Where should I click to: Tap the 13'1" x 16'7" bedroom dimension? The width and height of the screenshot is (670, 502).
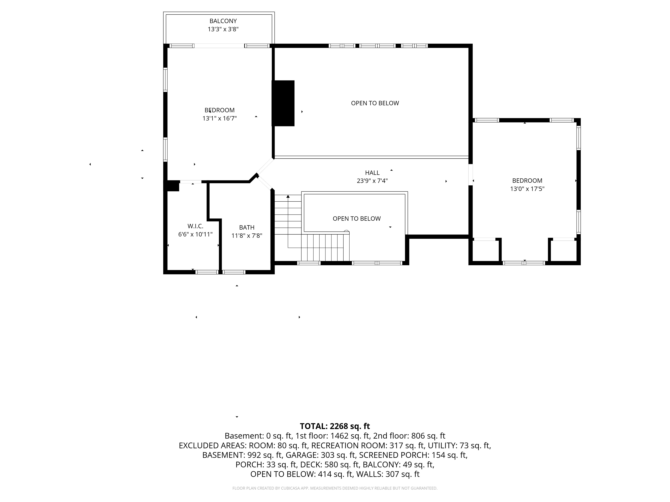click(220, 118)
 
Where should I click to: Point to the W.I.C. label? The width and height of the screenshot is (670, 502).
click(195, 226)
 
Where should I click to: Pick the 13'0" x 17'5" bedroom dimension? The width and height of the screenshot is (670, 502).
click(527, 189)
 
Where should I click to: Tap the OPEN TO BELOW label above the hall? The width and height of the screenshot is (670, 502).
click(375, 103)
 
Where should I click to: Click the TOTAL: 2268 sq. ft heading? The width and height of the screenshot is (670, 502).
click(335, 426)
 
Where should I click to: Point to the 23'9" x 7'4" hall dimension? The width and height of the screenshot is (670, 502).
click(372, 181)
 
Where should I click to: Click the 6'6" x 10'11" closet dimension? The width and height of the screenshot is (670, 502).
click(195, 234)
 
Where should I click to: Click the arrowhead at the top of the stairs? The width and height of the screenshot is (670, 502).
click(288, 197)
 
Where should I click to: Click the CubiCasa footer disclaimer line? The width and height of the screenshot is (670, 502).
click(335, 488)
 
